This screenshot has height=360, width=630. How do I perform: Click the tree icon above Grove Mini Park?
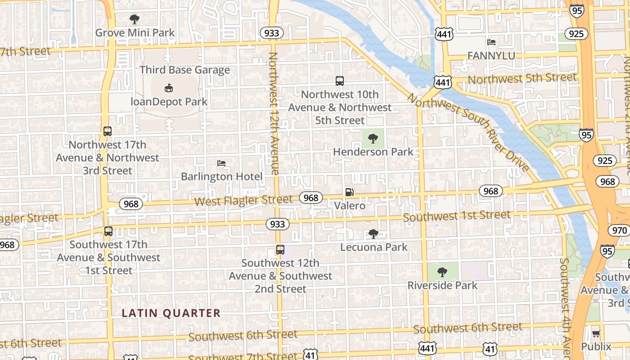(x=134, y=19)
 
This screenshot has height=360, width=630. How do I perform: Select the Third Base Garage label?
(x=184, y=70)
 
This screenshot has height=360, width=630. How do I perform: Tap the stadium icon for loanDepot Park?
(x=169, y=88)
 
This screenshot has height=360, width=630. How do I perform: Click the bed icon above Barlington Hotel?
(x=221, y=163)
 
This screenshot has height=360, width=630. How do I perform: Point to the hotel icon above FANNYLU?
(x=491, y=42)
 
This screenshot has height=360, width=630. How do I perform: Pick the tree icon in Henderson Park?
(x=373, y=139)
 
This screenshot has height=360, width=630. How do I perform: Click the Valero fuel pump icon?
(x=349, y=192)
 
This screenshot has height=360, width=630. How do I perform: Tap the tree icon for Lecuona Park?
(x=373, y=234)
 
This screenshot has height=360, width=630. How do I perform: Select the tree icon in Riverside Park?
(x=442, y=272)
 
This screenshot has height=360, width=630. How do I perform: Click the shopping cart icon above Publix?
(x=596, y=333)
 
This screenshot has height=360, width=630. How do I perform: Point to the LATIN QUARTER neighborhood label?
(x=171, y=313)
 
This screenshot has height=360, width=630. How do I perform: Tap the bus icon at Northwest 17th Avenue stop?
(x=107, y=131)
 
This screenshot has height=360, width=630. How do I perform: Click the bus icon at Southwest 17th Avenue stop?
(x=108, y=231)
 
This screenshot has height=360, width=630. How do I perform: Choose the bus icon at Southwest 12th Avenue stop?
(x=280, y=250)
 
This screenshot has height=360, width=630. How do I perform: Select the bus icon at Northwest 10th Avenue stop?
(x=340, y=81)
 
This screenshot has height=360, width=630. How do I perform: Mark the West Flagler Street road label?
(x=243, y=200)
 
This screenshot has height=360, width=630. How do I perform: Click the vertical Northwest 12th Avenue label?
(x=274, y=112)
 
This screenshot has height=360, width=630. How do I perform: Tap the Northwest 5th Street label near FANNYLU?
(x=522, y=78)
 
